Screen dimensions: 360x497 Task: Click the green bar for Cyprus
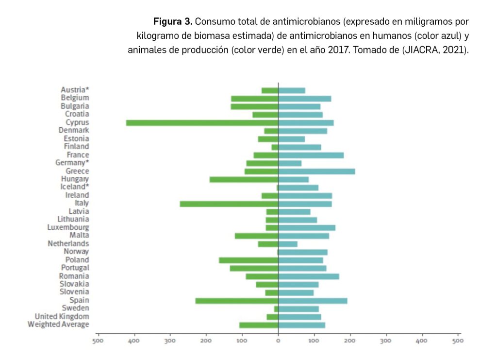click(x=202, y=122)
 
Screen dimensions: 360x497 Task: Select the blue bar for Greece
click(x=316, y=171)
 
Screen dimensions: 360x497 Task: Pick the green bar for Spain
click(x=237, y=301)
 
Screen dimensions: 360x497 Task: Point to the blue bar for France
click(x=311, y=155)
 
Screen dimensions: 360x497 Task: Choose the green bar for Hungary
click(x=244, y=179)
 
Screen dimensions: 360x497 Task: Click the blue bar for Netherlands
click(x=288, y=244)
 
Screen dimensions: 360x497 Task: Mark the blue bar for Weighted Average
click(x=301, y=325)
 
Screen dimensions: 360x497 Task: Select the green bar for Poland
click(x=248, y=260)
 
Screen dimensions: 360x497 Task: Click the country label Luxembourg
click(x=68, y=227)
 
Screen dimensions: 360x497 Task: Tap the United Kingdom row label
click(x=62, y=316)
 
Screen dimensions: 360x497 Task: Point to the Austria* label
click(x=75, y=90)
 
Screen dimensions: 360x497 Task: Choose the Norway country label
click(x=76, y=252)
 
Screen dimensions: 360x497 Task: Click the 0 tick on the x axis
click(x=278, y=341)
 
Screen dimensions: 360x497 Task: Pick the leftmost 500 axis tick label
click(x=98, y=341)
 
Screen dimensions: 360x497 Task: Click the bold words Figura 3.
click(x=173, y=22)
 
